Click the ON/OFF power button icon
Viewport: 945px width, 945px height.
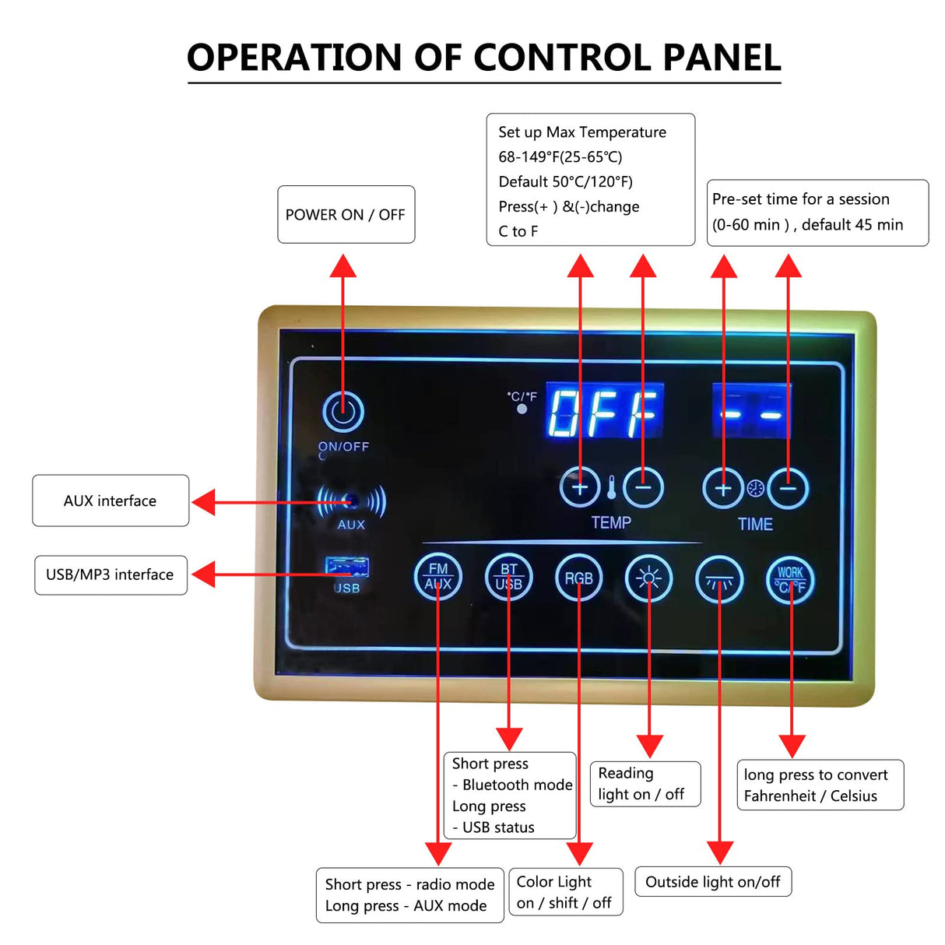tap(343, 412)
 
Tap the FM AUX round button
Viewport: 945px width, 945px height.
tap(438, 578)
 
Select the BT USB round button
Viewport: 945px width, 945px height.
tap(509, 578)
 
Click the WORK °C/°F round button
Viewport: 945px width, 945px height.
tap(791, 580)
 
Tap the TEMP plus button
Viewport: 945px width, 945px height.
tap(580, 488)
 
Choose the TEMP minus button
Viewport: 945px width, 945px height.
tap(643, 488)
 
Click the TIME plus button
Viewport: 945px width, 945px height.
tap(723, 489)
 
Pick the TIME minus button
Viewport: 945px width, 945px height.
tap(789, 489)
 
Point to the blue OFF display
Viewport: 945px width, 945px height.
tap(605, 411)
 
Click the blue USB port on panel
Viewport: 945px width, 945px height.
tap(347, 566)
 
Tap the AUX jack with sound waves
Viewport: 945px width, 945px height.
tap(352, 501)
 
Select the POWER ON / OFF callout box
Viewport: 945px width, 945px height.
tap(346, 215)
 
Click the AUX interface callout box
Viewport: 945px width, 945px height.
tap(111, 501)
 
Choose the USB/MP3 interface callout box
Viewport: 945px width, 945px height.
tap(111, 574)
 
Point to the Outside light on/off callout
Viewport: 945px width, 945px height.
tap(713, 882)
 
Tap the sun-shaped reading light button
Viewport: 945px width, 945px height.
tap(649, 578)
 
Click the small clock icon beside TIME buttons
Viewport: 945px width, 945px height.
tap(756, 489)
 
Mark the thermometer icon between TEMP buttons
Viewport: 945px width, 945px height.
tap(612, 488)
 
